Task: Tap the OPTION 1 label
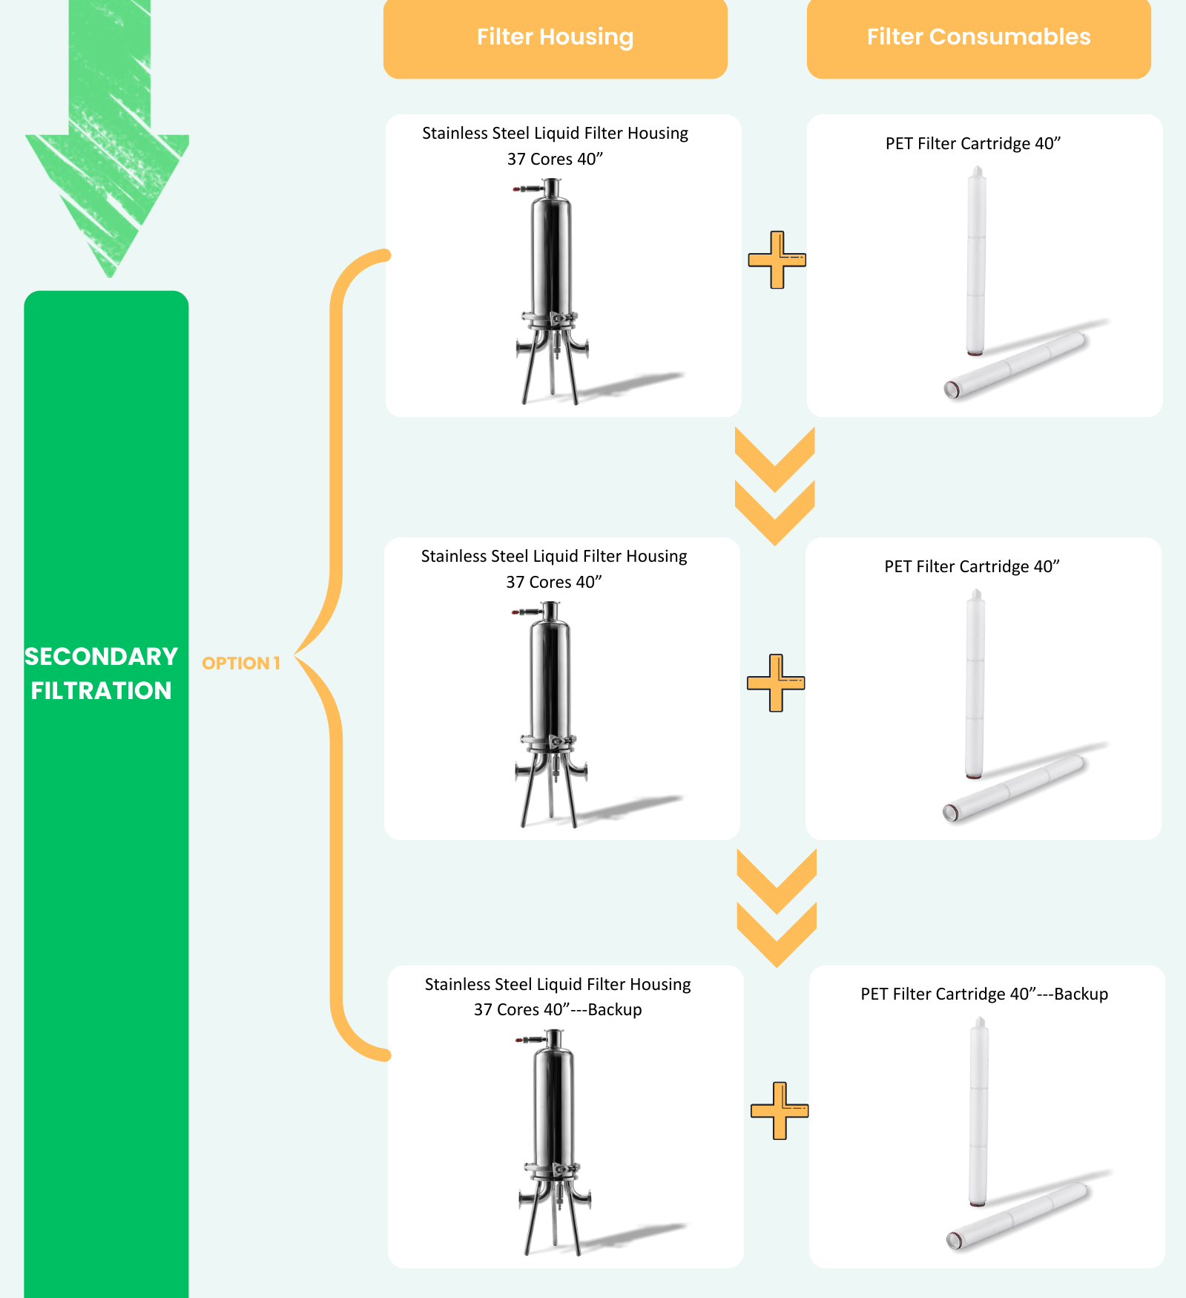coord(241,663)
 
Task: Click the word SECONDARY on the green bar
coord(101,656)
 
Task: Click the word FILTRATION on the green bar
coord(101,690)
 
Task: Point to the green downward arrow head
coord(108,200)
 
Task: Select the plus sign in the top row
coord(777,260)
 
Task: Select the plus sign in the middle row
coord(775,683)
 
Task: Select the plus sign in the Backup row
coord(779,1110)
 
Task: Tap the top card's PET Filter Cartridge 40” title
coord(972,143)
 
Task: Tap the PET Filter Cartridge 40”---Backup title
coord(984,994)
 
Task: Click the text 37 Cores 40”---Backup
coord(558,1009)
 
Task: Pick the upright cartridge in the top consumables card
coord(976,260)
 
